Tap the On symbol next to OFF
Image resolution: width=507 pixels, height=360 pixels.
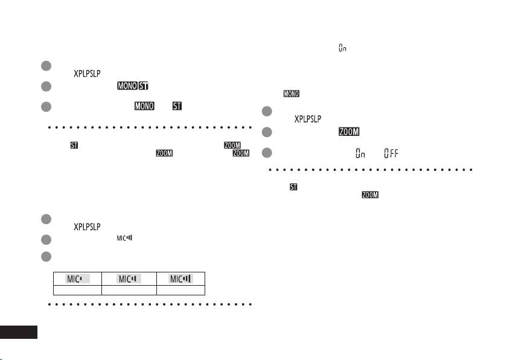[360, 153]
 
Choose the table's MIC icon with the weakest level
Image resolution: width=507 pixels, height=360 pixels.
[75, 278]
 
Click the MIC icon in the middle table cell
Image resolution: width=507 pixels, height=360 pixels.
[129, 278]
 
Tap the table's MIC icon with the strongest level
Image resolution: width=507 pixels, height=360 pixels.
[182, 278]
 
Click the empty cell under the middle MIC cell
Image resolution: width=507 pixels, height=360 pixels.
[129, 290]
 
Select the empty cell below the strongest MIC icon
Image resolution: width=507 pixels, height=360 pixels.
[181, 290]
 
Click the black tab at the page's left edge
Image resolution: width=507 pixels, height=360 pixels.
[19, 332]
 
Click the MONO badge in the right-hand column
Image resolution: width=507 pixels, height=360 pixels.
[292, 94]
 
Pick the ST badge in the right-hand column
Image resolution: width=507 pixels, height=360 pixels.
[293, 187]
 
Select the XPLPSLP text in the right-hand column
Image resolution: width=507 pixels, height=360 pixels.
[308, 119]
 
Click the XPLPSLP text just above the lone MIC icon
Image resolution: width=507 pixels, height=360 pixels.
[88, 227]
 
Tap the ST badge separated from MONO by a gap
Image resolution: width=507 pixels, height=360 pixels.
[177, 107]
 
